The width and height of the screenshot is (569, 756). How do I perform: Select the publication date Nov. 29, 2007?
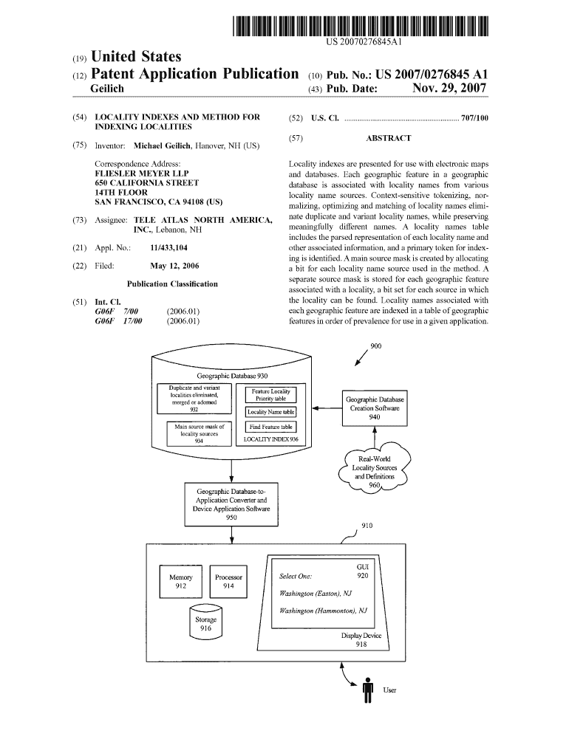click(449, 89)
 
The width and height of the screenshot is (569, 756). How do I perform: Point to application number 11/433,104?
click(168, 248)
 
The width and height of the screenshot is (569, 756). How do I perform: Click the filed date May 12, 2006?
click(174, 266)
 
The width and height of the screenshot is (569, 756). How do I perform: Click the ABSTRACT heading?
click(388, 138)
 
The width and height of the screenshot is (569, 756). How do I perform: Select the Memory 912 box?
click(181, 581)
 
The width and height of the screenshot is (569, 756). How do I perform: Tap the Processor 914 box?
click(228, 581)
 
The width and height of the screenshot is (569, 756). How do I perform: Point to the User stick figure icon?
click(367, 690)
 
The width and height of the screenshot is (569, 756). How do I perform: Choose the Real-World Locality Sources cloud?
click(374, 468)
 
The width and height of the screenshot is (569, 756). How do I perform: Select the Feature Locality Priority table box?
click(270, 394)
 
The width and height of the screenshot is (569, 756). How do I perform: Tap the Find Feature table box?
click(270, 427)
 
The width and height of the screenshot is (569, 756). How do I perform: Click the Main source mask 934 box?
click(199, 434)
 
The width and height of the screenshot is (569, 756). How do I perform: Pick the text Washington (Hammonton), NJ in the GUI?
click(323, 611)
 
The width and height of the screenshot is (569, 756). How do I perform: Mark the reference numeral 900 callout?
click(375, 346)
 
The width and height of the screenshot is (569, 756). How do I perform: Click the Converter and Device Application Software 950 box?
click(231, 504)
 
